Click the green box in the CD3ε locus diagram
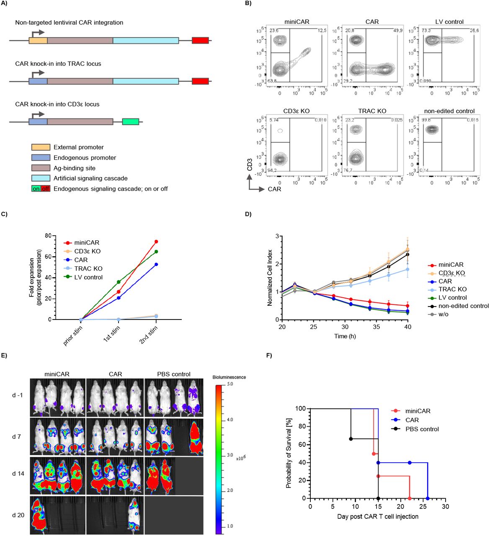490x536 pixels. tap(130, 121)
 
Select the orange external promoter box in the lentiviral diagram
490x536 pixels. tap(38, 40)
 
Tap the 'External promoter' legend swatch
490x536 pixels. tap(41, 147)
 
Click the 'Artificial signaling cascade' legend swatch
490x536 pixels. tap(41, 178)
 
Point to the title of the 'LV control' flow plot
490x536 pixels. tap(449, 22)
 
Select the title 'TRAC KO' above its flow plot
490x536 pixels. tap(372, 111)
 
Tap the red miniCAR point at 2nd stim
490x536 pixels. tap(156, 242)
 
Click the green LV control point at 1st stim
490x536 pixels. tap(119, 282)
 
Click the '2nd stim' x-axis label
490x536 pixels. tap(149, 335)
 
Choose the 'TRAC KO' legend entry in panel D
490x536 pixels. tap(452, 289)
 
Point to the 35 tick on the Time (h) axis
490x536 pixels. tap(377, 327)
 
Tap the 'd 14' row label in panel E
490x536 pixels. tap(18, 474)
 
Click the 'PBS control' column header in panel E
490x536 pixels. tap(173, 374)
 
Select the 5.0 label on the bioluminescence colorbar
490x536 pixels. tap(230, 384)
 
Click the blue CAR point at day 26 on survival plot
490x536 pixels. tap(428, 498)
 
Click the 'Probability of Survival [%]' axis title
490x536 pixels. tap(289, 453)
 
